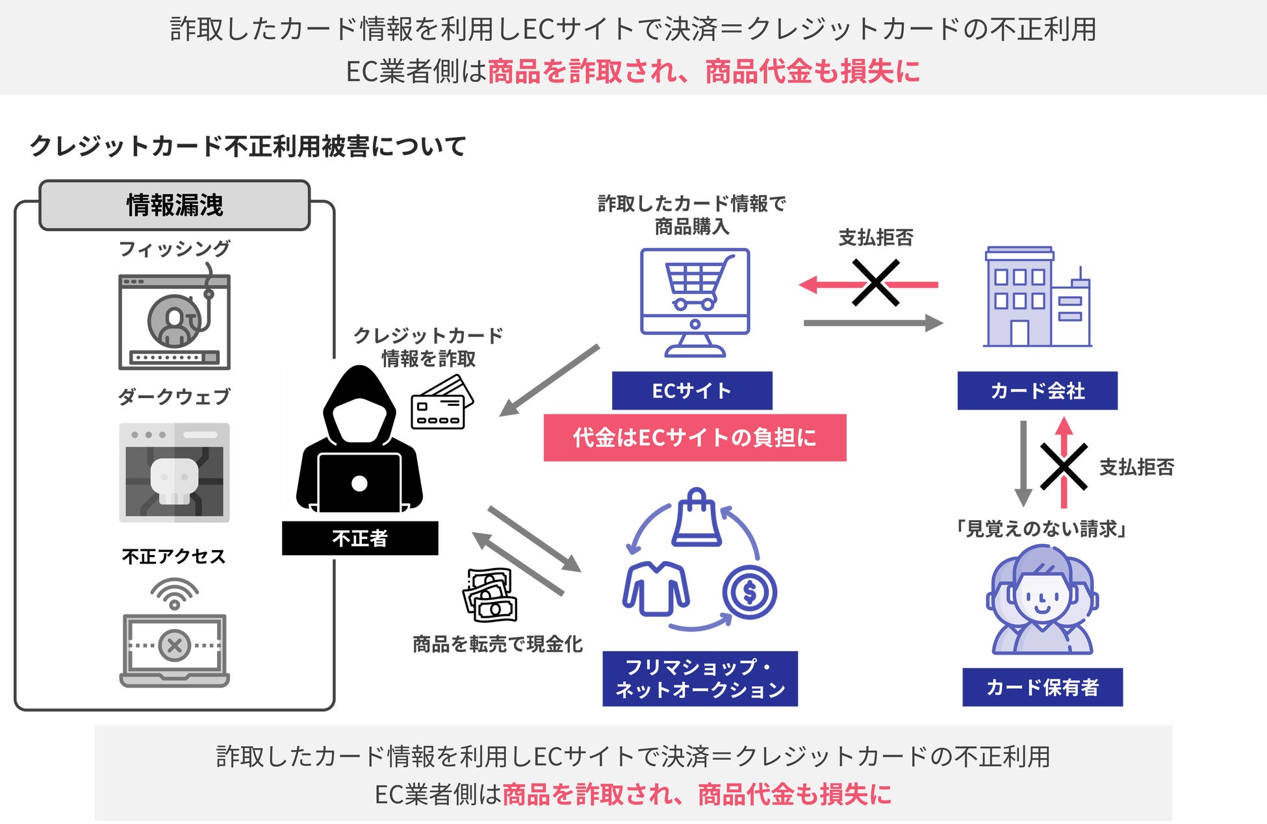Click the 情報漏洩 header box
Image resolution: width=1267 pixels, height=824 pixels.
click(174, 205)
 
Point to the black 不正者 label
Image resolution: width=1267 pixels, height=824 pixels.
click(359, 538)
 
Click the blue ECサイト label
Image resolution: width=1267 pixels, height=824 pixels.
click(692, 390)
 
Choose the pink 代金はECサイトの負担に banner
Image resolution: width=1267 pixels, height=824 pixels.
click(695, 438)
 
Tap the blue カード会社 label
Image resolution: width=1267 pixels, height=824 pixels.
click(1037, 390)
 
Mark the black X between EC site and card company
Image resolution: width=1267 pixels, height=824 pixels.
click(875, 283)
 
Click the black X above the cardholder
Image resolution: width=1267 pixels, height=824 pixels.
click(1064, 466)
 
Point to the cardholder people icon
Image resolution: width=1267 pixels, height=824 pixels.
click(1042, 601)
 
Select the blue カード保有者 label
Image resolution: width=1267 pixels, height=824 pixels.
click(1042, 686)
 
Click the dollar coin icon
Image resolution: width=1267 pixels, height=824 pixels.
click(749, 592)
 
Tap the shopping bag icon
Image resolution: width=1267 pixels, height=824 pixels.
click(697, 518)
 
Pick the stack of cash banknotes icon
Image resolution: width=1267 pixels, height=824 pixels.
click(489, 595)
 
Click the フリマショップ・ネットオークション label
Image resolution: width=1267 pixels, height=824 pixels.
click(700, 679)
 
